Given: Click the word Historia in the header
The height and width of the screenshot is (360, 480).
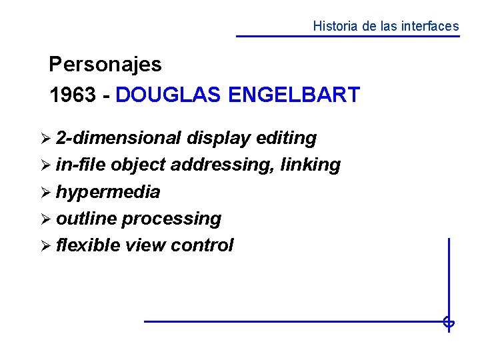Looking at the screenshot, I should [335, 27].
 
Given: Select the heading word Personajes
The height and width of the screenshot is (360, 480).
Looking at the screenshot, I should [105, 65].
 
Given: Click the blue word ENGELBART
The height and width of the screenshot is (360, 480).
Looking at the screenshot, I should [293, 95].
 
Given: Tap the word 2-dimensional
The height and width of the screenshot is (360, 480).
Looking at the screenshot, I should [119, 138].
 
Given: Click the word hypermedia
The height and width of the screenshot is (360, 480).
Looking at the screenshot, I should [108, 192].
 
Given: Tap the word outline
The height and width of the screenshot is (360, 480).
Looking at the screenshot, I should [87, 219].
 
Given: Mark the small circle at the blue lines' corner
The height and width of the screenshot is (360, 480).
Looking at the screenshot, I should [449, 323].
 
